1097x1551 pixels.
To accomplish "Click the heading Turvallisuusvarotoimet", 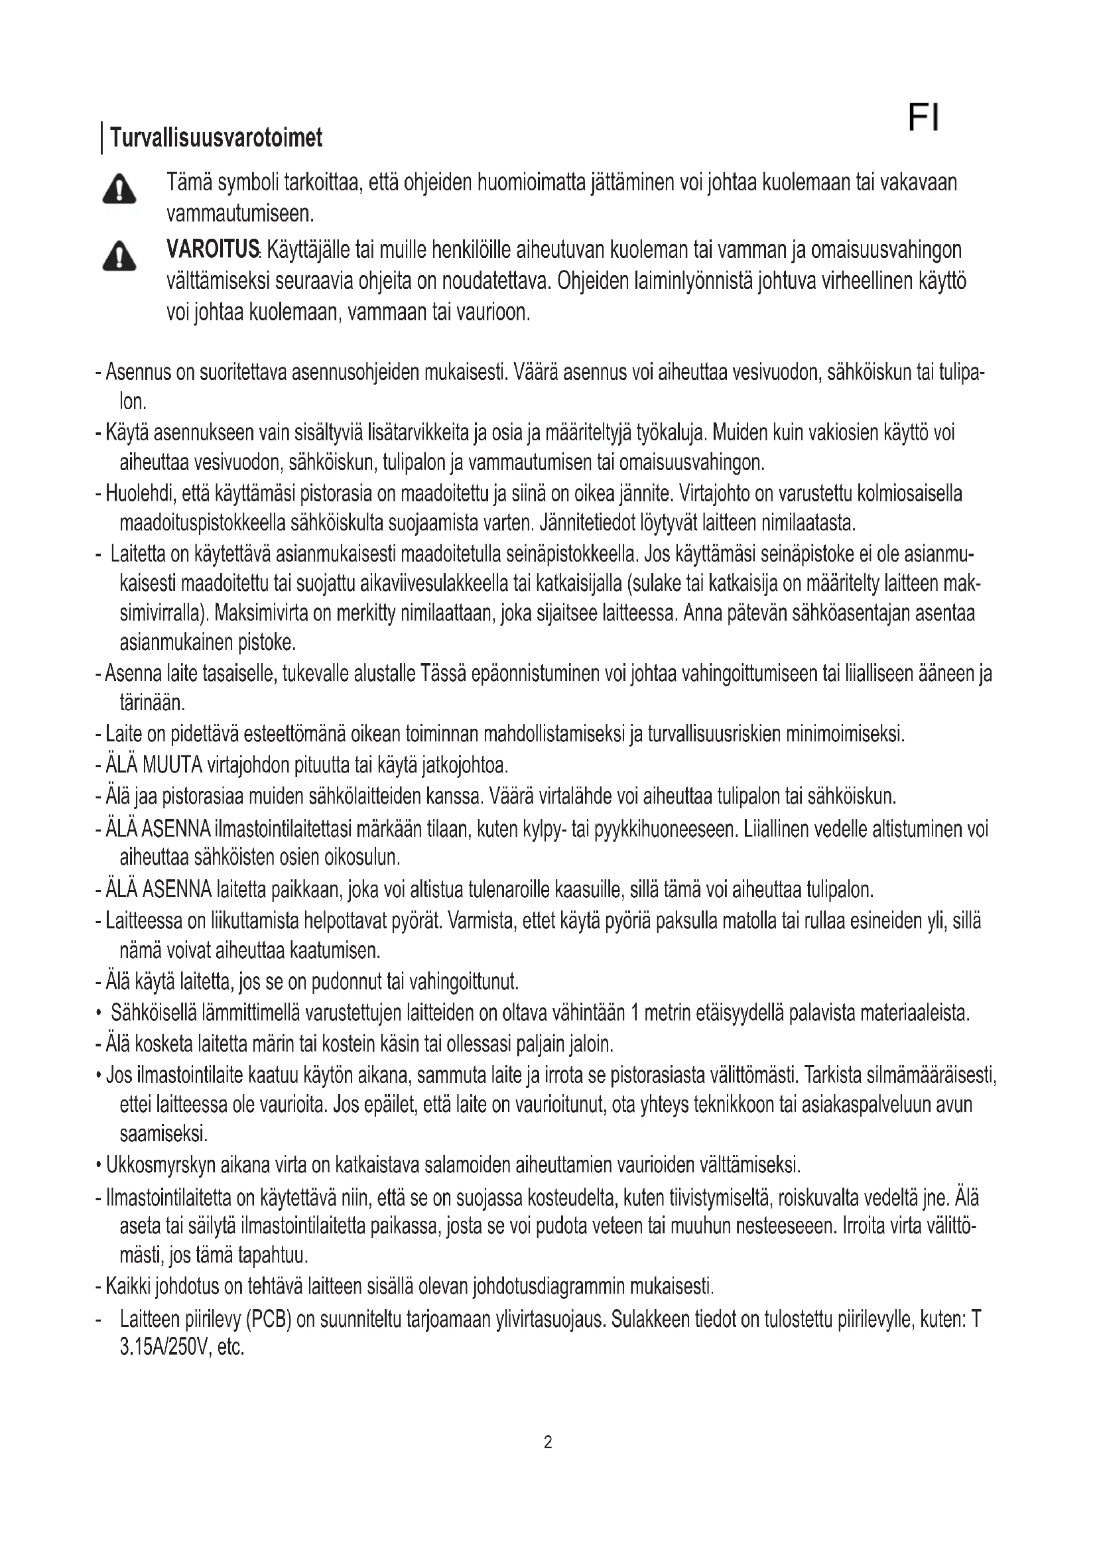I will [216, 138].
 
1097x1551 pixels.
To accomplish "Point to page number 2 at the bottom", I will [548, 1443].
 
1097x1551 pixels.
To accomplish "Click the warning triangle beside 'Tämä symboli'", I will [119, 188].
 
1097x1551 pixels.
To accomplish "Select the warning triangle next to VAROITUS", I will [119, 256].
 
